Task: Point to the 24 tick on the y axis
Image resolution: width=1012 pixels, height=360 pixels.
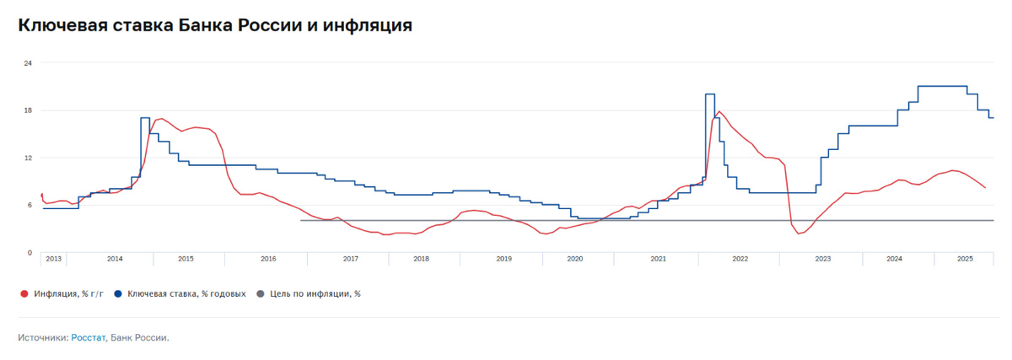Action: [x=28, y=63]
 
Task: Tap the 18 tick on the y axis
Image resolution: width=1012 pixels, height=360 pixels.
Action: [x=28, y=110]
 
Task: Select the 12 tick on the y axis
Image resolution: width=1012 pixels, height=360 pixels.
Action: [x=28, y=158]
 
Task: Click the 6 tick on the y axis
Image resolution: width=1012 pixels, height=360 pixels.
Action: [x=30, y=205]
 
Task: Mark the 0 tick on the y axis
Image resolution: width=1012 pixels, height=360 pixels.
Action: [x=30, y=252]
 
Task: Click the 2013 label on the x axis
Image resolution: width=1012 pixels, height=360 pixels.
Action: [x=53, y=259]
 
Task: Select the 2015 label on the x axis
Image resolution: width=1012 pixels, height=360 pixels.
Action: [x=186, y=259]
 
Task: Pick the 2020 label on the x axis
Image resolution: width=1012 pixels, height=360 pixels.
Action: [x=574, y=259]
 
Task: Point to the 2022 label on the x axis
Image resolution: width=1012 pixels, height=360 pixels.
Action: [x=740, y=259]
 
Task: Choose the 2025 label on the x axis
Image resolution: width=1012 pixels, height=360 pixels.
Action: [x=966, y=259]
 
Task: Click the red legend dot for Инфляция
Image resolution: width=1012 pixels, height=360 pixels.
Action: [x=24, y=294]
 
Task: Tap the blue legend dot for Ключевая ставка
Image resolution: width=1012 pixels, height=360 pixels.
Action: [x=119, y=294]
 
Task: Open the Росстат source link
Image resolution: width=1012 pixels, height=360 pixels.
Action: [x=89, y=338]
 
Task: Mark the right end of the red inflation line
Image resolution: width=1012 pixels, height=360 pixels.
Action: [x=985, y=188]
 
